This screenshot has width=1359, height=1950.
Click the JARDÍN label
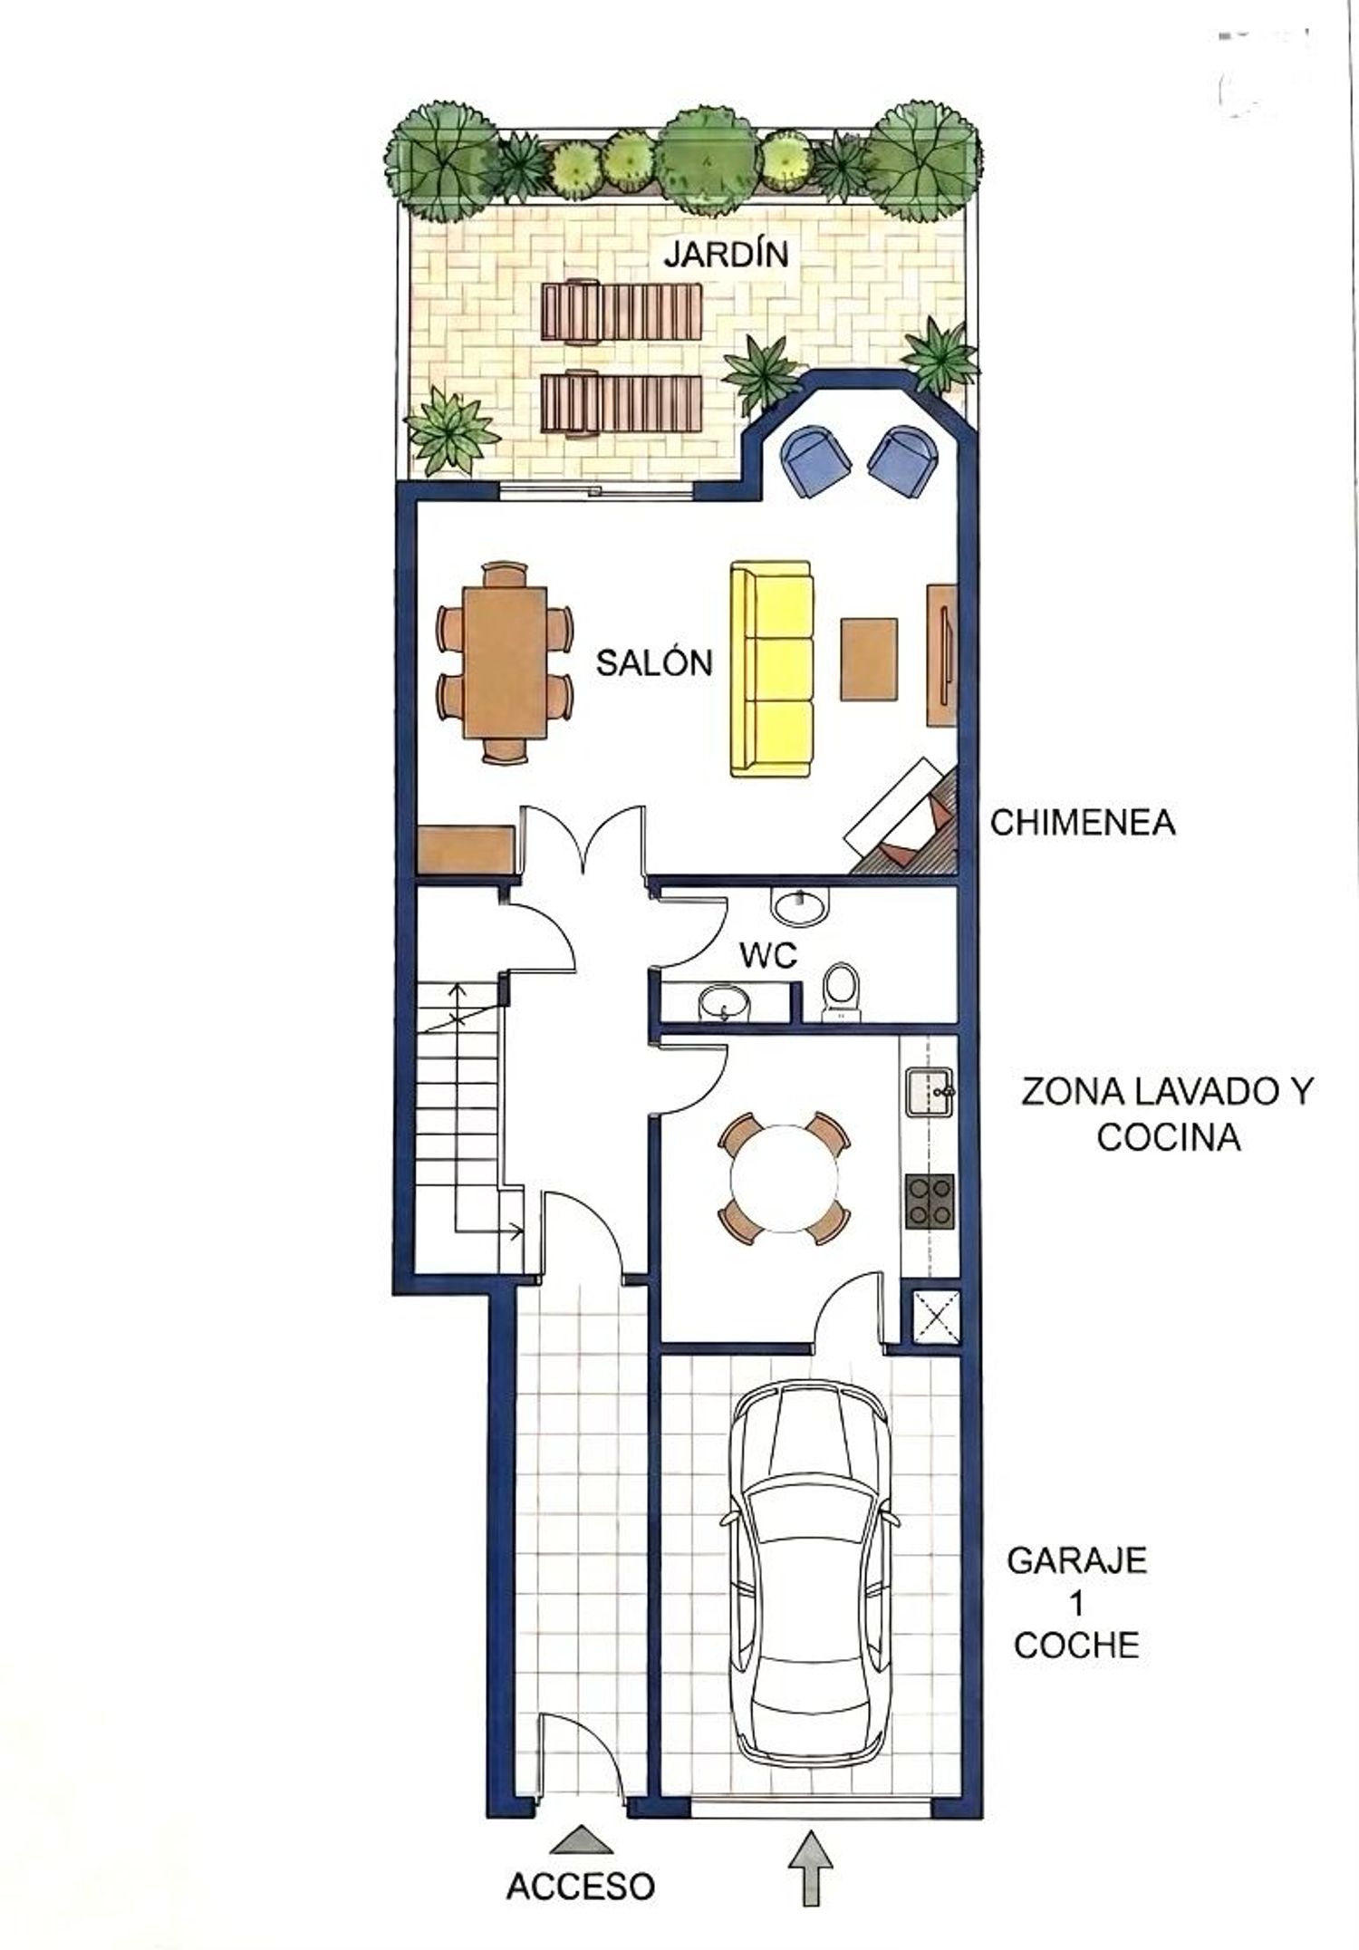[x=727, y=255]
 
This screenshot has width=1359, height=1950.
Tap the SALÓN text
[x=654, y=663]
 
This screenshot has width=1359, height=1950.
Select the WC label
[x=767, y=955]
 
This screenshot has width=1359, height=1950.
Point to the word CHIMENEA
[x=1083, y=823]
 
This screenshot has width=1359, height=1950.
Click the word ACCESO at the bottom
[x=580, y=1887]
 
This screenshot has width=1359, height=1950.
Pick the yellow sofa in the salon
[x=771, y=669]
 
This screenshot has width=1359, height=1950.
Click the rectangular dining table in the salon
[x=505, y=662]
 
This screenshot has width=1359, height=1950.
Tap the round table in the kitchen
[x=785, y=1178]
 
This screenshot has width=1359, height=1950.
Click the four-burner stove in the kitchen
[x=930, y=1201]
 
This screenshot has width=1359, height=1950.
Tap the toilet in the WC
[x=842, y=991]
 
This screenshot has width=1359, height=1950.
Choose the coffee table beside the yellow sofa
[x=869, y=659]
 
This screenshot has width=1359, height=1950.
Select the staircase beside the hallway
[x=458, y=1112]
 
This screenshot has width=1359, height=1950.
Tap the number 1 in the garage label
[x=1077, y=1604]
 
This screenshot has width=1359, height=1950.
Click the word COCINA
[x=1168, y=1137]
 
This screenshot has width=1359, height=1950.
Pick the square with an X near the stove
[x=934, y=1316]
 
